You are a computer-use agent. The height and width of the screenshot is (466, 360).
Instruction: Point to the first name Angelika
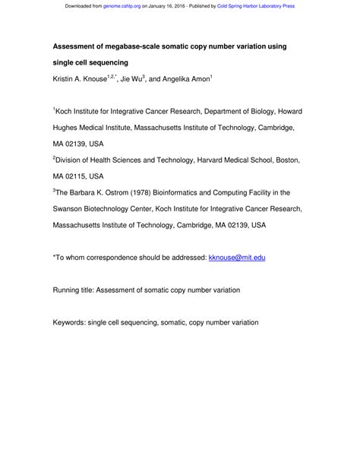tap(200, 79)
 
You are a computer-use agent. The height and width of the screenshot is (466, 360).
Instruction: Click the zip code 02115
tap(81, 177)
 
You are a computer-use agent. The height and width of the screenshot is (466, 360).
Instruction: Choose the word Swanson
tap(69, 209)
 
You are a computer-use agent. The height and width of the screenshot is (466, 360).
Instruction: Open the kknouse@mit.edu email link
tap(236, 258)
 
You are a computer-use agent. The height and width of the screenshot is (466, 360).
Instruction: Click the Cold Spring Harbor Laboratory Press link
tap(256, 6)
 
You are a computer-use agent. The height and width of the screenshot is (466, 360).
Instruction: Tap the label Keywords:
tap(72, 322)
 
